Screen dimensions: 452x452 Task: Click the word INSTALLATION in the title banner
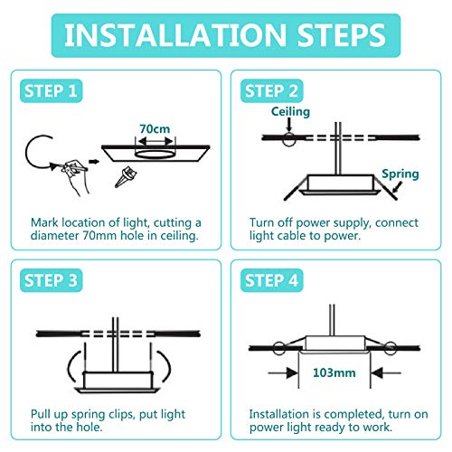pos(175,35)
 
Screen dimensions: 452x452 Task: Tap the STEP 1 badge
pos(51,90)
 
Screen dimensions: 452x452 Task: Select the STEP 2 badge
pos(271,90)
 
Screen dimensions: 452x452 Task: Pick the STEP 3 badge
pos(51,280)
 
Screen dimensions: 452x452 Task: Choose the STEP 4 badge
pos(271,280)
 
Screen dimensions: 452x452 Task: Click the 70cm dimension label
pos(155,129)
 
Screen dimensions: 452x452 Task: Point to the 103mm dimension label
pos(334,372)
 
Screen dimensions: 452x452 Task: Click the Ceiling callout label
pos(290,112)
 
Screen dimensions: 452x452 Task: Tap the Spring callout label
pos(400,174)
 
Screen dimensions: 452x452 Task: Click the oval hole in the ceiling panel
pos(155,155)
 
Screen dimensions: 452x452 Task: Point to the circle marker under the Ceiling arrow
pos(288,139)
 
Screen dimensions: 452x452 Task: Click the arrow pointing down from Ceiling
pos(289,124)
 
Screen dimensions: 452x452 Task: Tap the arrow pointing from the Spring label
pos(397,187)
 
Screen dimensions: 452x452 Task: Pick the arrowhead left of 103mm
pos(292,373)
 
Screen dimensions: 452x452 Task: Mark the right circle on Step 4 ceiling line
pos(391,348)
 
